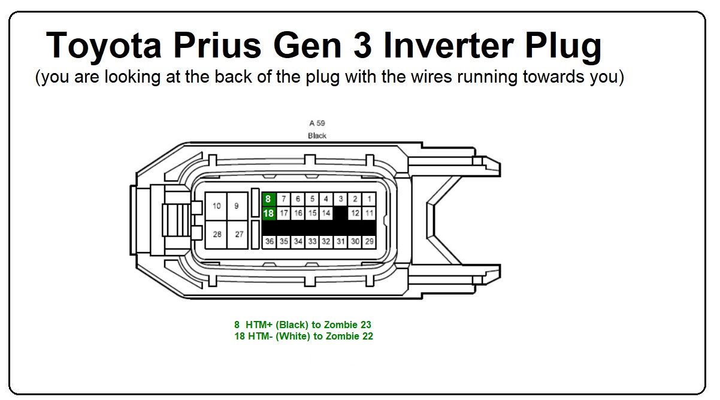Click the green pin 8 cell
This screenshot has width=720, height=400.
(269, 199)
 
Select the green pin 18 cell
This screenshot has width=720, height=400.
(269, 213)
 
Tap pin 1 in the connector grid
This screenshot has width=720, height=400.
(369, 199)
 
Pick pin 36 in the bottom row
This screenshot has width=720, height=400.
(270, 241)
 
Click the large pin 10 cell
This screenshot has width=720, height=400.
(216, 206)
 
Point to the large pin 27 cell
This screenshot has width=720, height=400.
(238, 234)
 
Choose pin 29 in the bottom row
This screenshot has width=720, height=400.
(370, 241)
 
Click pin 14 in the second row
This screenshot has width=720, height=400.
(326, 213)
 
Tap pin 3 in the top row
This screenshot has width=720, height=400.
(340, 199)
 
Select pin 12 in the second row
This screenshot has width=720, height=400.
(355, 213)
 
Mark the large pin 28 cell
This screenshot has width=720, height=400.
(216, 234)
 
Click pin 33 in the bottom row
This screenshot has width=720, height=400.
(312, 241)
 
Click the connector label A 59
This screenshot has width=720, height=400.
(317, 123)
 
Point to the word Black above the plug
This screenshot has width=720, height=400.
(317, 136)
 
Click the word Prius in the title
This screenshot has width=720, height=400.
(217, 46)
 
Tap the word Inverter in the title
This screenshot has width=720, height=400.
(448, 46)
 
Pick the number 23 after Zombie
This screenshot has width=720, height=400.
(365, 325)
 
